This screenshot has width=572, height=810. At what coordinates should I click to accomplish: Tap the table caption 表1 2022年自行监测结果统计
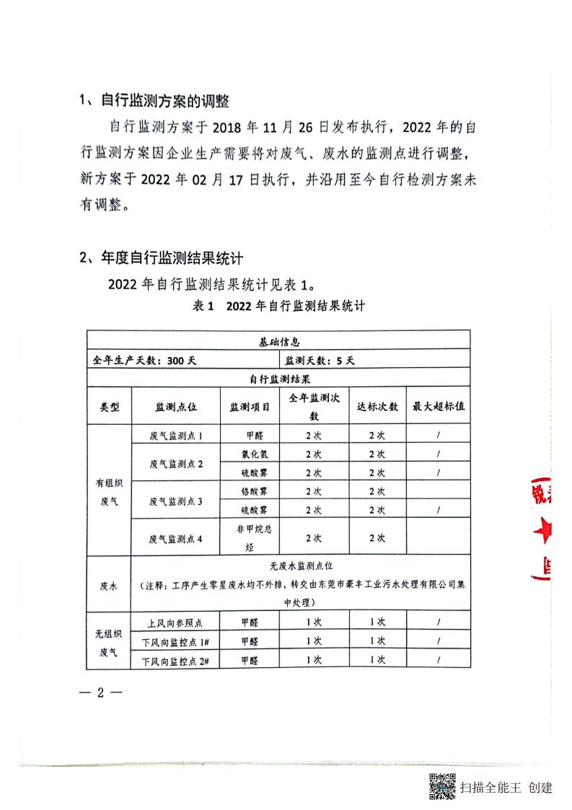click(x=278, y=306)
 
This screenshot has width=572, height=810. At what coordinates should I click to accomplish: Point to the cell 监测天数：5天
click(x=319, y=359)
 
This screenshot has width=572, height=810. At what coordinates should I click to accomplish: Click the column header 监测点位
click(x=176, y=407)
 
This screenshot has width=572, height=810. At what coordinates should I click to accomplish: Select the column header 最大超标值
click(x=438, y=406)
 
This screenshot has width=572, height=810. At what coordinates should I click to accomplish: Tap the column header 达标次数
click(x=377, y=406)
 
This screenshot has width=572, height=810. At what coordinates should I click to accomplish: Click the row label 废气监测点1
click(x=176, y=436)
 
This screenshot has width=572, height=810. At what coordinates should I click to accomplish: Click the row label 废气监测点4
click(x=176, y=538)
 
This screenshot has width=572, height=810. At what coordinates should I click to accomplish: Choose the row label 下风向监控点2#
click(x=175, y=660)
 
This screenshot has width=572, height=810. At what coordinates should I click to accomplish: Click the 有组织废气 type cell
click(x=109, y=491)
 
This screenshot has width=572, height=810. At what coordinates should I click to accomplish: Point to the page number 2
click(x=102, y=693)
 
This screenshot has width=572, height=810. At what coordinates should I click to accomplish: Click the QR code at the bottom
click(x=442, y=786)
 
